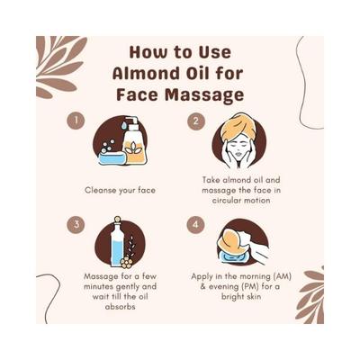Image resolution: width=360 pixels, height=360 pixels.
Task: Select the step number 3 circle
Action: (77, 224)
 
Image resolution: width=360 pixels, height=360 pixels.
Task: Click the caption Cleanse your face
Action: (120, 190)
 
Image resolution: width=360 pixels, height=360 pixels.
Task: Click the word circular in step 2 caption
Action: (219, 201)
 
